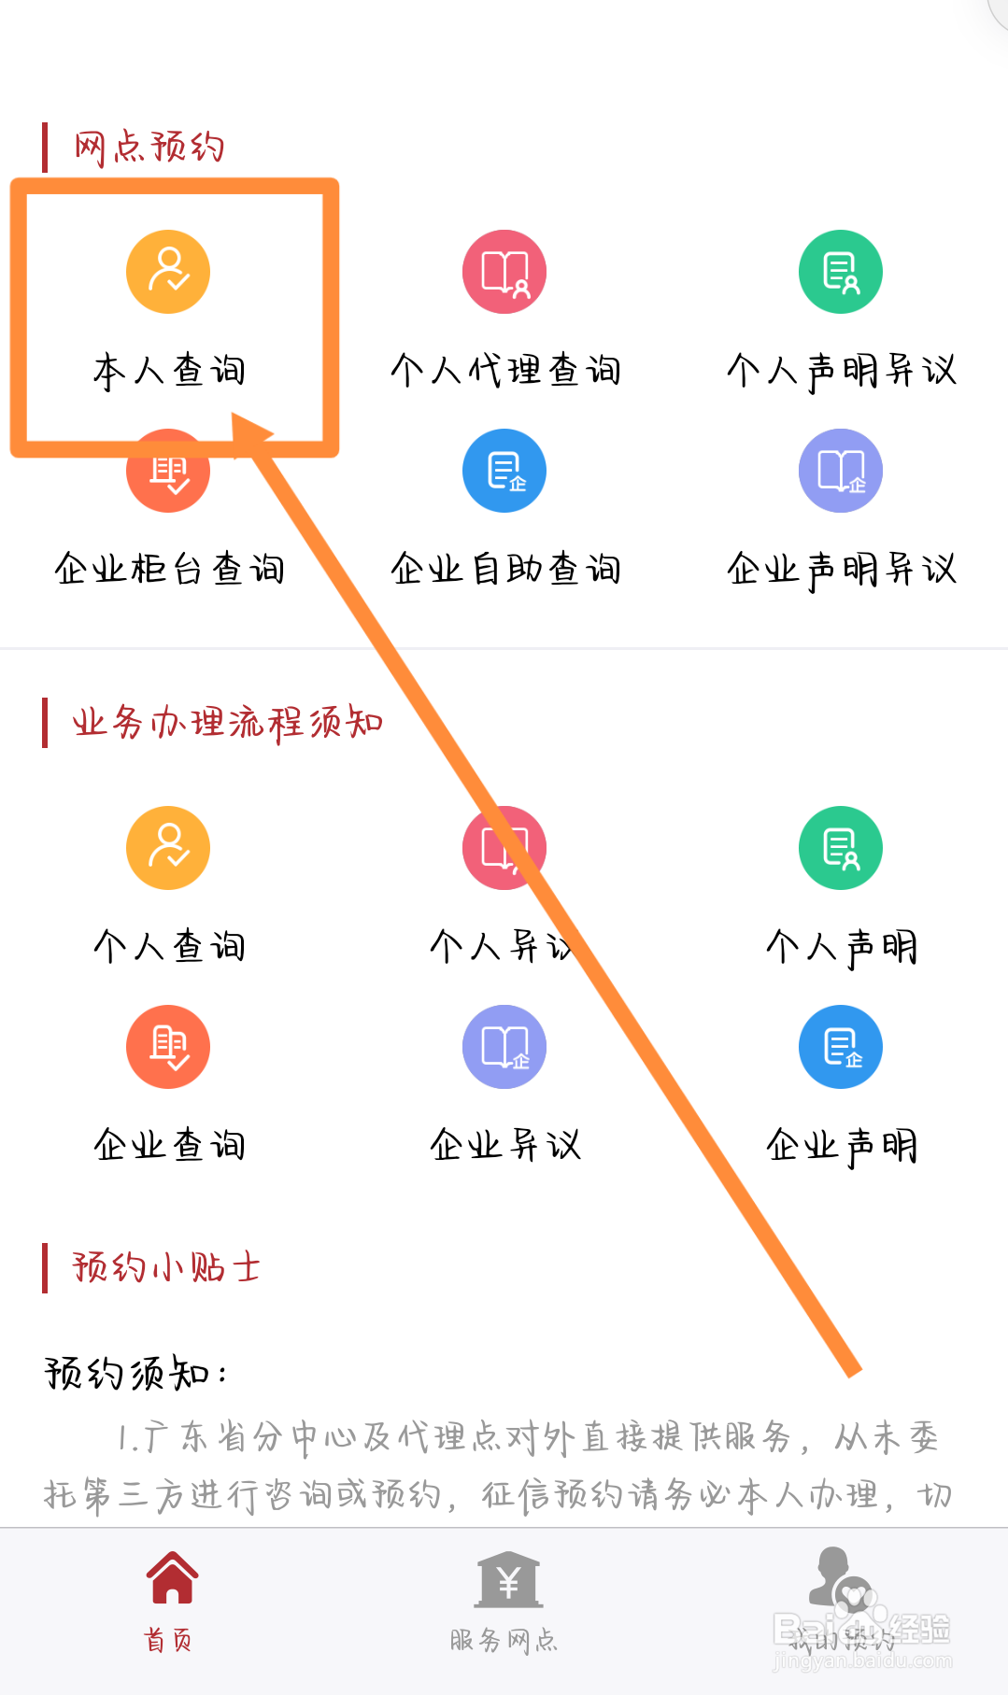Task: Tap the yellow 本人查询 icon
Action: (x=168, y=272)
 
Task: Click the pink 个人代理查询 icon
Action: (x=504, y=272)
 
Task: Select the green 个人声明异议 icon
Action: (x=841, y=272)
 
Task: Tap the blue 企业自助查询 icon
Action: (x=504, y=471)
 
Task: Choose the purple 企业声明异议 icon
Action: (x=841, y=471)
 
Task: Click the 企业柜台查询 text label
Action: (x=169, y=569)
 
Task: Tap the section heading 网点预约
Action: (x=149, y=148)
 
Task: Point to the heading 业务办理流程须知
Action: (x=228, y=723)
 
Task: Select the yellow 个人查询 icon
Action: (x=168, y=848)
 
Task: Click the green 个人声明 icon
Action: (x=841, y=848)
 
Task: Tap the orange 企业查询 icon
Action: (x=168, y=1047)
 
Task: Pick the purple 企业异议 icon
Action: (x=504, y=1047)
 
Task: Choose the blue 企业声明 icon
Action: (x=841, y=1047)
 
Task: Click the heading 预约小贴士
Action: (x=166, y=1267)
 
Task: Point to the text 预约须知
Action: (x=131, y=1374)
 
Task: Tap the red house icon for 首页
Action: (x=172, y=1578)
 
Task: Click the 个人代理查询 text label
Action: (x=505, y=371)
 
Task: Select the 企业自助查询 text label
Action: (x=505, y=569)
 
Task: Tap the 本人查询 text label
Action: (x=169, y=371)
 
